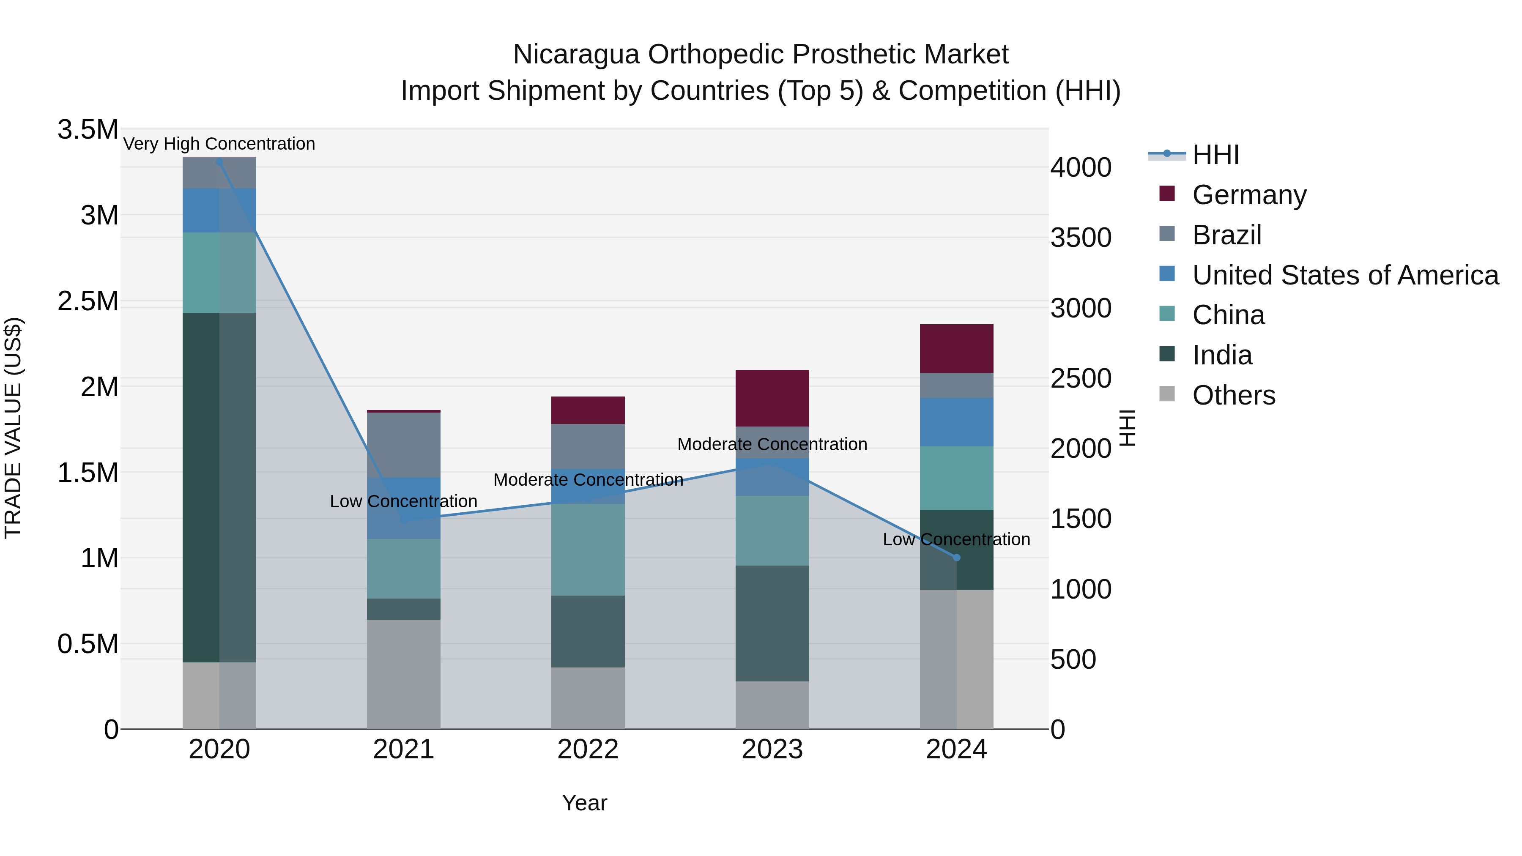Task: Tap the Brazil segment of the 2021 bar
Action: [x=404, y=444]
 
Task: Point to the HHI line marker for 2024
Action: [x=957, y=557]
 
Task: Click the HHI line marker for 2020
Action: [x=219, y=162]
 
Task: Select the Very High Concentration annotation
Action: [x=219, y=144]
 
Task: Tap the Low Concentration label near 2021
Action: [x=404, y=501]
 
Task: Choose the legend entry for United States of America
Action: [x=1345, y=275]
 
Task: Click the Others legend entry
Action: [x=1233, y=395]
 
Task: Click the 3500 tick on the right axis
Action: [x=1081, y=238]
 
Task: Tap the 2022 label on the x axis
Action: [x=588, y=749]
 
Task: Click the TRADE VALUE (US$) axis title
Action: [x=13, y=428]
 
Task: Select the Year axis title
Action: [x=584, y=803]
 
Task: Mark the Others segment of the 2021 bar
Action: [x=404, y=673]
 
